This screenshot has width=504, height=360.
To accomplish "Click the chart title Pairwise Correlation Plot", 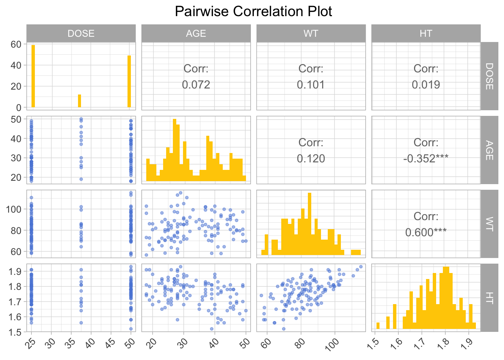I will [253, 12].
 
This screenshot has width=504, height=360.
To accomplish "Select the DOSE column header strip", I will [81, 33].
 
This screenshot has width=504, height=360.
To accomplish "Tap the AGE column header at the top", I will [196, 33].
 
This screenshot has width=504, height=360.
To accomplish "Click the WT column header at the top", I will [311, 33].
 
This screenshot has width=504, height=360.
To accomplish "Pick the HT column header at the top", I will [426, 33].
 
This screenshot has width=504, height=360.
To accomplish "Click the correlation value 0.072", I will [196, 85].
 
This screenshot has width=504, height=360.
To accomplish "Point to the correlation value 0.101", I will [311, 85].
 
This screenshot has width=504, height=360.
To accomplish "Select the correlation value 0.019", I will [426, 85].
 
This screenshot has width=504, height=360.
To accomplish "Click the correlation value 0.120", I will [311, 159].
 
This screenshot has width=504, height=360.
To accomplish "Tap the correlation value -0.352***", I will [426, 159].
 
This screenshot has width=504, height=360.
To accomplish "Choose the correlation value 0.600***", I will [426, 232].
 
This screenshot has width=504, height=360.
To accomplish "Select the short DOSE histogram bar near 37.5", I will [79, 101].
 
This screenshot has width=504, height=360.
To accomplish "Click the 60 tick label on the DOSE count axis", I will [16, 44].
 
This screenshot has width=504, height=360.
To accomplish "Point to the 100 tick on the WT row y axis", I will [13, 209].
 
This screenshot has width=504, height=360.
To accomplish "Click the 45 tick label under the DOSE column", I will [110, 343].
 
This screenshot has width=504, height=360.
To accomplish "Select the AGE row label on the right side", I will [489, 150].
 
